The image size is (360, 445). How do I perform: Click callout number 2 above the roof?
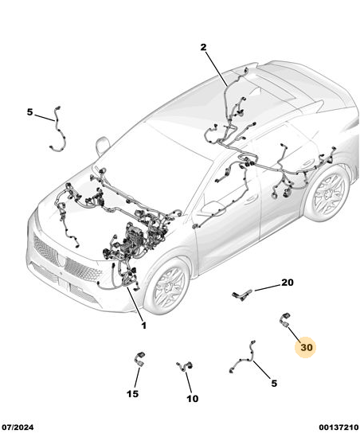[x=203, y=47]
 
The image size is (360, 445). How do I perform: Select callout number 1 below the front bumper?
[x=144, y=326]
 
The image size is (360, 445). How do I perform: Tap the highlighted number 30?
[x=307, y=347]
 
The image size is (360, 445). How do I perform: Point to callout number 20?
[x=288, y=283]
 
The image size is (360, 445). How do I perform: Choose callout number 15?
[x=132, y=393]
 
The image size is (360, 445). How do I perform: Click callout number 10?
[x=192, y=399]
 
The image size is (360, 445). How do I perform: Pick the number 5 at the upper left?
[x=29, y=112]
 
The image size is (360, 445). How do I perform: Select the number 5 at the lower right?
[x=274, y=383]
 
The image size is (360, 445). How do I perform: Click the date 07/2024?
[x=18, y=427]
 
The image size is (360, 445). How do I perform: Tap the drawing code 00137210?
[x=338, y=427]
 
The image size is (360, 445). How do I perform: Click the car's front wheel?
[x=167, y=286]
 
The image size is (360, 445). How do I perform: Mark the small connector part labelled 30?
[x=285, y=320]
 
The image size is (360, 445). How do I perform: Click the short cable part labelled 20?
[x=242, y=295]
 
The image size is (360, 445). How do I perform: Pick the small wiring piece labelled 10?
[x=184, y=366]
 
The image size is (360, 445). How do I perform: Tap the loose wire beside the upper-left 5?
[x=57, y=129]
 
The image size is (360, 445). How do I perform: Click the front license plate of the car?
[x=63, y=284]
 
